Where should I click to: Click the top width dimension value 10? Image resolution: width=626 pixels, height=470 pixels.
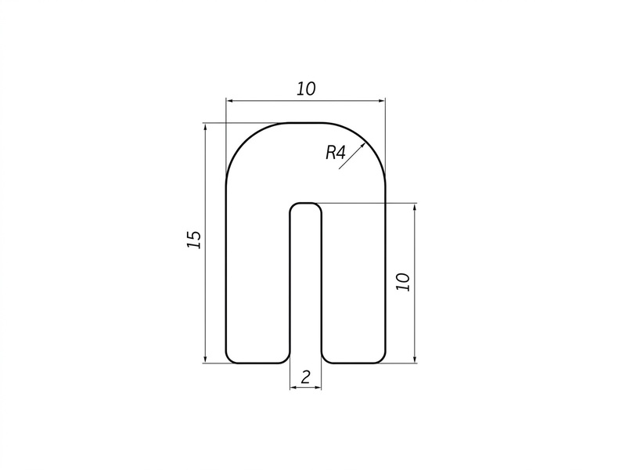pyautogui.click(x=306, y=89)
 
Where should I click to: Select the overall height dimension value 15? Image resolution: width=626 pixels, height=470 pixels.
pyautogui.click(x=194, y=240)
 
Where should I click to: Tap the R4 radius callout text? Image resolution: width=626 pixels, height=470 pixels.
pyautogui.click(x=336, y=153)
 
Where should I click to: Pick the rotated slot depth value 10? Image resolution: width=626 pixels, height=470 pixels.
pyautogui.click(x=403, y=282)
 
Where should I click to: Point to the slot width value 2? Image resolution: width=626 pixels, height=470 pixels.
pyautogui.click(x=305, y=378)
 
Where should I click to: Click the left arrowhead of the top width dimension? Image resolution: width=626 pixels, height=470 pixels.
pyautogui.click(x=230, y=101)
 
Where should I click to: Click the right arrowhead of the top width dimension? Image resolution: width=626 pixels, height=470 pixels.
pyautogui.click(x=381, y=101)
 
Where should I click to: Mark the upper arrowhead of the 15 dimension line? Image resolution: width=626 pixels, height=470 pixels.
pyautogui.click(x=205, y=127)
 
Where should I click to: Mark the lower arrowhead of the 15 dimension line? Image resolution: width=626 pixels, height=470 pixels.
pyautogui.click(x=205, y=359)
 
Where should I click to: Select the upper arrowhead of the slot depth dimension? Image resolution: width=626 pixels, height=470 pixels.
pyautogui.click(x=416, y=208)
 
